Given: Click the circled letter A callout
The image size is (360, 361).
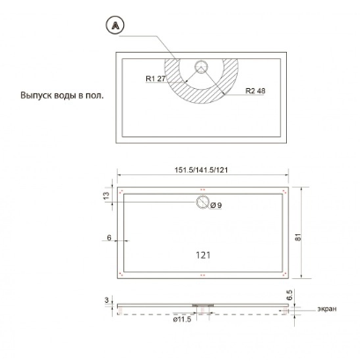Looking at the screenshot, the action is (114, 26).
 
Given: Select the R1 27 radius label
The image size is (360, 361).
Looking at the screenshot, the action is (156, 78).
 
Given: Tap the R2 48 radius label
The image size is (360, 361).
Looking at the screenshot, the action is (255, 91).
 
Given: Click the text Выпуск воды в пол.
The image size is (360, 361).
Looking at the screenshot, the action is (62, 95).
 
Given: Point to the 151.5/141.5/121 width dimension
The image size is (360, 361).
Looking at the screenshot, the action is (202, 170).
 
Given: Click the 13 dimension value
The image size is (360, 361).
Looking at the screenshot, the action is (107, 195).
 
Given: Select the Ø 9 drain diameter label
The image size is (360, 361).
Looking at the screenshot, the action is (216, 205).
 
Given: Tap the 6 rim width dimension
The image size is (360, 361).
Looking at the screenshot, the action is (109, 238).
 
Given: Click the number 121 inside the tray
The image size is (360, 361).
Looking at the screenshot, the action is (203, 255).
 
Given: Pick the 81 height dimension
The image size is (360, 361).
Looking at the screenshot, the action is (298, 237).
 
